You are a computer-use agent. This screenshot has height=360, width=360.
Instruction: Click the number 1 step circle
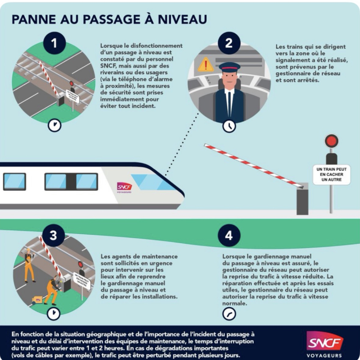(54, 44)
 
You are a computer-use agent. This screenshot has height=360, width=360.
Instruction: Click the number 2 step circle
(229, 43)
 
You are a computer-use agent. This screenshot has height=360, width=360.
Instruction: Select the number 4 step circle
(229, 235)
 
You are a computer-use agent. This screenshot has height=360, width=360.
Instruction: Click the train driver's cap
(229, 67)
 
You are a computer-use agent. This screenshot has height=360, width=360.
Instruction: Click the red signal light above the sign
(332, 140)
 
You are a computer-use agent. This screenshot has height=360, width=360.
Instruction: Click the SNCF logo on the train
(124, 186)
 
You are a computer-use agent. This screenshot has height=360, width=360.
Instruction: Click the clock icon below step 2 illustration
(229, 125)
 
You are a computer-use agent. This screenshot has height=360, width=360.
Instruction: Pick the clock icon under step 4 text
(229, 314)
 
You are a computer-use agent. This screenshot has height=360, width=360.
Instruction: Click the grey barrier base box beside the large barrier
(302, 198)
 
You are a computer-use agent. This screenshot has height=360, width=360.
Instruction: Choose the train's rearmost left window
(14, 181)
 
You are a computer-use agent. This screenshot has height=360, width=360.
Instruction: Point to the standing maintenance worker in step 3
(29, 265)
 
